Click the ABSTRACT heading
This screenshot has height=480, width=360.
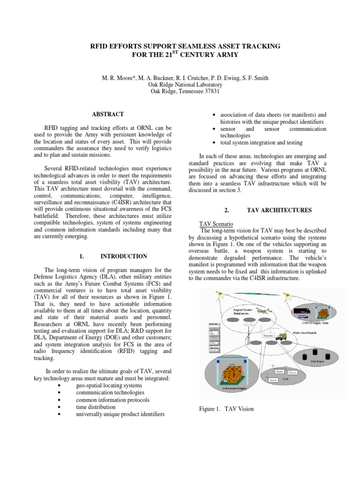108,114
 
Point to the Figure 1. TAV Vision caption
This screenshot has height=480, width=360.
226,409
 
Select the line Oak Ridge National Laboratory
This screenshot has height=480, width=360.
180,84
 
